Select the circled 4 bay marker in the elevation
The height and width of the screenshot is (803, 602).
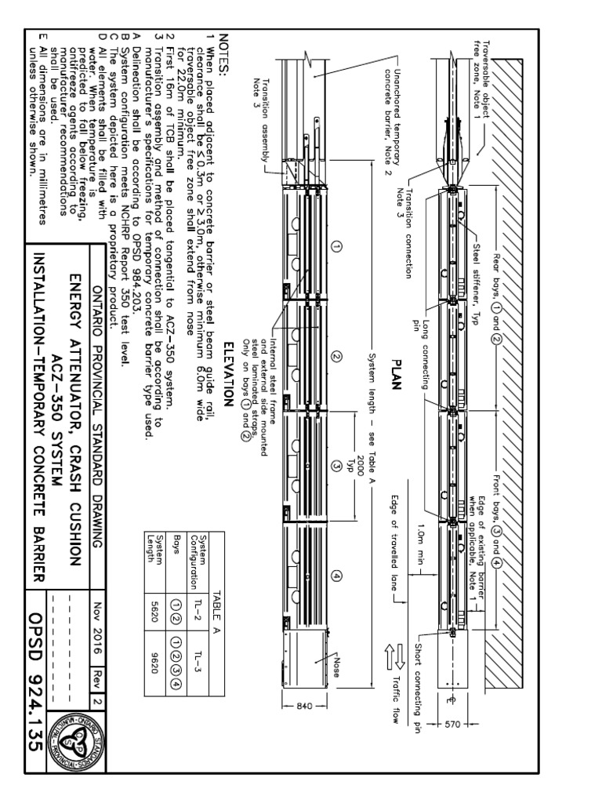click(338, 576)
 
